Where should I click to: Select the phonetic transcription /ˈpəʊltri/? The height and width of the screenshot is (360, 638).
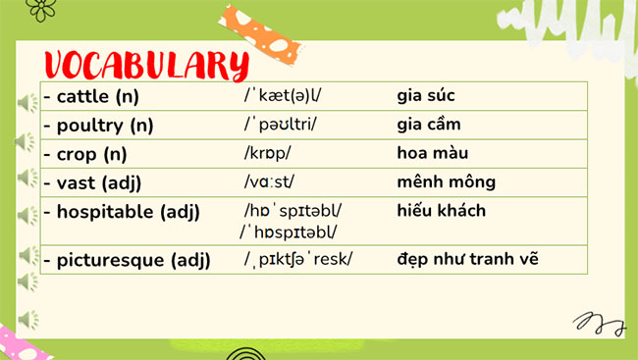[x=281, y=125]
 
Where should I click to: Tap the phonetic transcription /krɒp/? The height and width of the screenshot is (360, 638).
[x=268, y=154]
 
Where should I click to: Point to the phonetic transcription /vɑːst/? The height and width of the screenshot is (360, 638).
[x=269, y=182]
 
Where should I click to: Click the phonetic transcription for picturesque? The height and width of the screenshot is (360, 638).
[x=298, y=260]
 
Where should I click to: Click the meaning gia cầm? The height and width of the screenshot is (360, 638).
[x=429, y=125]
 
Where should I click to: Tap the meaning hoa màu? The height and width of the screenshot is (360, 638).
[x=433, y=153]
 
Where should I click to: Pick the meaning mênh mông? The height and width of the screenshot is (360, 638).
[x=446, y=181]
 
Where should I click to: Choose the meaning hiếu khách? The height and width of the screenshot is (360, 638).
[x=442, y=211]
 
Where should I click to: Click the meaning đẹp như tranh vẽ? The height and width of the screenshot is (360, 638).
[x=467, y=259]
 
